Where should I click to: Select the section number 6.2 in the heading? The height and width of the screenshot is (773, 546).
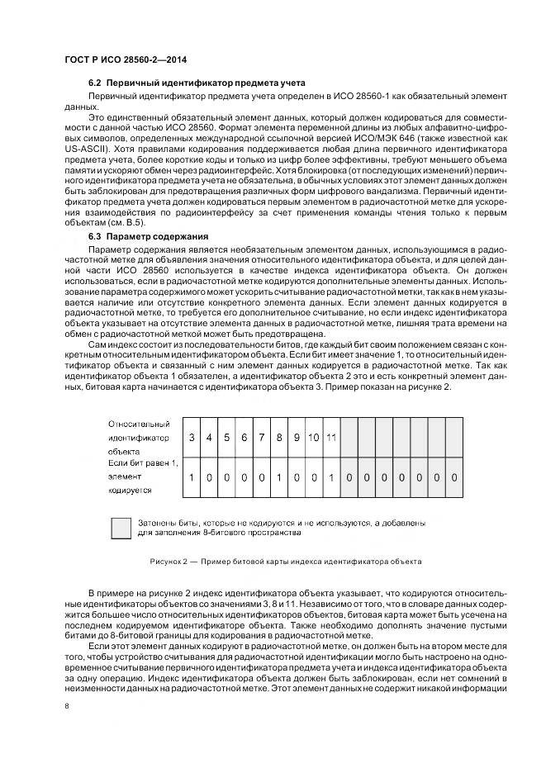(94, 83)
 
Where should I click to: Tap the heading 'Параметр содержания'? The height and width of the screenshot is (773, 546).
(169, 236)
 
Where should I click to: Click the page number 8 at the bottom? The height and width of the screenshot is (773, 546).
(67, 704)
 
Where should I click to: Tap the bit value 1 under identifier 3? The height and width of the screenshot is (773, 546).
(192, 477)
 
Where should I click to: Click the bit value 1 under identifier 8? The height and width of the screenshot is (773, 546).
(279, 477)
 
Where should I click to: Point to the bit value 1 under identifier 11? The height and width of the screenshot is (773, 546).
(330, 477)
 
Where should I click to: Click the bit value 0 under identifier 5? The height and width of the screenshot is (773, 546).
(226, 477)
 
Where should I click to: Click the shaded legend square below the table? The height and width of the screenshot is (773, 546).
(121, 527)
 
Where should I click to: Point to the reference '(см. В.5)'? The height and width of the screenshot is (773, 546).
(128, 223)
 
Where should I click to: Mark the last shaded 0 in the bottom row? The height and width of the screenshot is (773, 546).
(453, 477)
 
